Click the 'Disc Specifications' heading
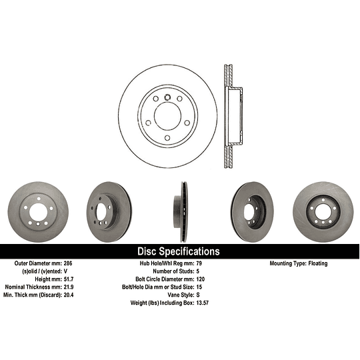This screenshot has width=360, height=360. click(178, 251)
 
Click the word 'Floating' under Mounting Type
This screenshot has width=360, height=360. click(315, 264)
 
